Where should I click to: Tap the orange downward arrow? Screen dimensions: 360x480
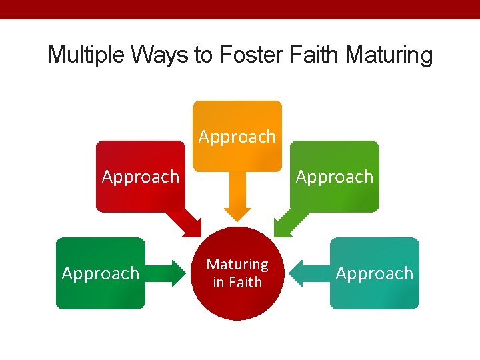237,197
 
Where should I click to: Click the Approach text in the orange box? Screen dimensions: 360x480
237,137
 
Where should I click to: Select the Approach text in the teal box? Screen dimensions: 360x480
375,273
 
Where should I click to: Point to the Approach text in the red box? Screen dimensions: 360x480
141,177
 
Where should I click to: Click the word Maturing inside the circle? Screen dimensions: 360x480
237,265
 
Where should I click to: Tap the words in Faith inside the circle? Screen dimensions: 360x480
237,282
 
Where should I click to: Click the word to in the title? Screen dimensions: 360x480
203,55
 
